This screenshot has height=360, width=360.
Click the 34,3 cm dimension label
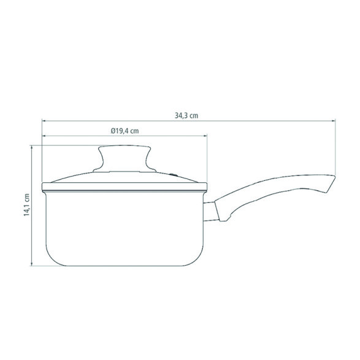click(186, 115)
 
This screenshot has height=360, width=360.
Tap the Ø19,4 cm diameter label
click(124, 131)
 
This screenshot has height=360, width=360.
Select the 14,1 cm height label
click(27, 205)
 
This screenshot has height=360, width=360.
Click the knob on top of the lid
click(124, 158)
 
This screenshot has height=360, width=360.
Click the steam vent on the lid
click(174, 175)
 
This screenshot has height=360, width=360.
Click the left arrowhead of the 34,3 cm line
click(44, 121)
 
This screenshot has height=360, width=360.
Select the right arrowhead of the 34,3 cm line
click(334, 121)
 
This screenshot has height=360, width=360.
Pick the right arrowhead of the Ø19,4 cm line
click(205, 136)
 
